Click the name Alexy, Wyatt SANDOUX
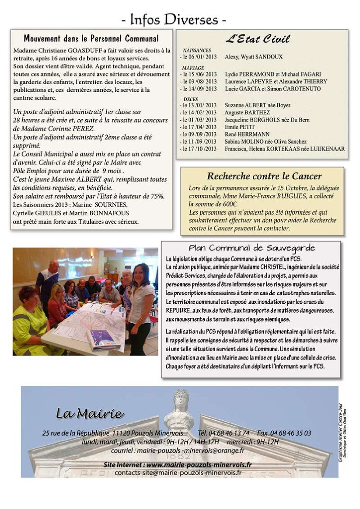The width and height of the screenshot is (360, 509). [251, 57]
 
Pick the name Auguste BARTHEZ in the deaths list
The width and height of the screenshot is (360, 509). [242, 112]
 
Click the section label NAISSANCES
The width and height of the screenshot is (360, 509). [197, 51]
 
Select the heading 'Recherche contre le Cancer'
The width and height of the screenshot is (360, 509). [264, 176]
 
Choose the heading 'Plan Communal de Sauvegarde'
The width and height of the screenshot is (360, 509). [252, 248]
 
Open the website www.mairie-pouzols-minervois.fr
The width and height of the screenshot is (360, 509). [198, 464]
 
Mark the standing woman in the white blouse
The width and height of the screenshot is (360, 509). [139, 302]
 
